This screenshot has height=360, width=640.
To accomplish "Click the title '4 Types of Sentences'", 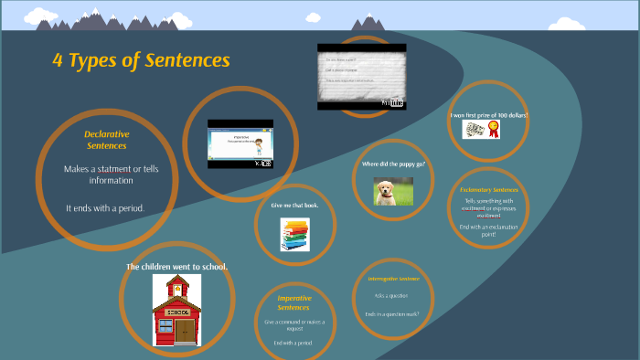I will (x=140, y=61).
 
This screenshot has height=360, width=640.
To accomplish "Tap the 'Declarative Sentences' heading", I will (x=107, y=140).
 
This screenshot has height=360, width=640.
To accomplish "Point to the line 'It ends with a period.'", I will (x=105, y=208).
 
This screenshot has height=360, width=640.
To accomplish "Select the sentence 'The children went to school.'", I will (x=176, y=267).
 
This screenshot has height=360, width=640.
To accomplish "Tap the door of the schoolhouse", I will (x=185, y=330).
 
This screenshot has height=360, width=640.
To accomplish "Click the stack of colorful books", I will (x=294, y=235).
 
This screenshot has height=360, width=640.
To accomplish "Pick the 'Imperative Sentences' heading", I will (x=294, y=302).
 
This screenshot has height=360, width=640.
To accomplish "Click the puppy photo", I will (x=392, y=191).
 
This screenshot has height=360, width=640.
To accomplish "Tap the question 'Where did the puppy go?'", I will (x=393, y=164).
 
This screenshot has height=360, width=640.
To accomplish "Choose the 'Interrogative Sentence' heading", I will (x=393, y=278).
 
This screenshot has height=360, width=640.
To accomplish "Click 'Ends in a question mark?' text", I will (x=392, y=313).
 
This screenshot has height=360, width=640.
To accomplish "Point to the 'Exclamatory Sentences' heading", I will (x=488, y=189).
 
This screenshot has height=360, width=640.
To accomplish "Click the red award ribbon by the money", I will (x=494, y=131).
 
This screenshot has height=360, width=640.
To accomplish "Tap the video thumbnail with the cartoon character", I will (x=240, y=143).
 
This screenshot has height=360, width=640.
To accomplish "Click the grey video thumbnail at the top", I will (x=361, y=76).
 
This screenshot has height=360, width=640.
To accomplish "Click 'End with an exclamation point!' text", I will (x=488, y=230).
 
